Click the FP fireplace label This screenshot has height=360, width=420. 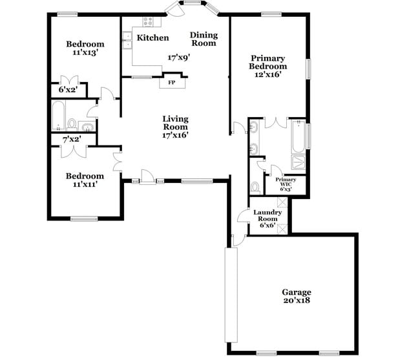(172, 83)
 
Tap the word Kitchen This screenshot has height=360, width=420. (152, 38)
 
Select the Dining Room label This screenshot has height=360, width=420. (204, 39)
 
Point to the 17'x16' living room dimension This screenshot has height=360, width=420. (175, 135)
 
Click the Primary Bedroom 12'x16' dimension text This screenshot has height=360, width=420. (268, 74)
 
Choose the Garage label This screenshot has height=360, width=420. (297, 292)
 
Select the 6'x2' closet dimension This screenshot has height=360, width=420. (67, 89)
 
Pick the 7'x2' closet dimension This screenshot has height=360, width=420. (70, 140)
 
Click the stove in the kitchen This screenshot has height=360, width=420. (148, 21)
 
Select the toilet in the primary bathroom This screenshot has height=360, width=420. (256, 187)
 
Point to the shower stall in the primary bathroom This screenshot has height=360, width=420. (299, 162)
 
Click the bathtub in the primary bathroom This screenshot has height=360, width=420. (299, 134)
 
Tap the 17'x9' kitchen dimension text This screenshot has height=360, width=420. (178, 58)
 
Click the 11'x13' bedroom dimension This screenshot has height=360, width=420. (85, 54)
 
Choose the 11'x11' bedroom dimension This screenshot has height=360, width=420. (85, 185)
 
